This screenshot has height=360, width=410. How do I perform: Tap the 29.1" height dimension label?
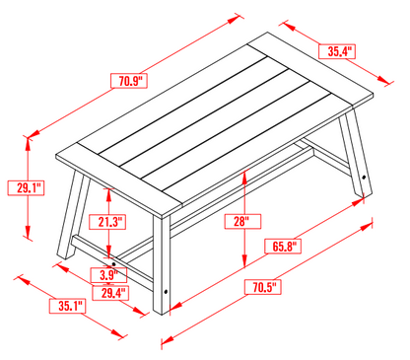coord(27,186)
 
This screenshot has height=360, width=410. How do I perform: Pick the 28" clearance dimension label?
coord(241,221)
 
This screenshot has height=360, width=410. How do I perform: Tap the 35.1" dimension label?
coord(69,306)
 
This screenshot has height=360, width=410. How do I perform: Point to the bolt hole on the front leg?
coord(165,292)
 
